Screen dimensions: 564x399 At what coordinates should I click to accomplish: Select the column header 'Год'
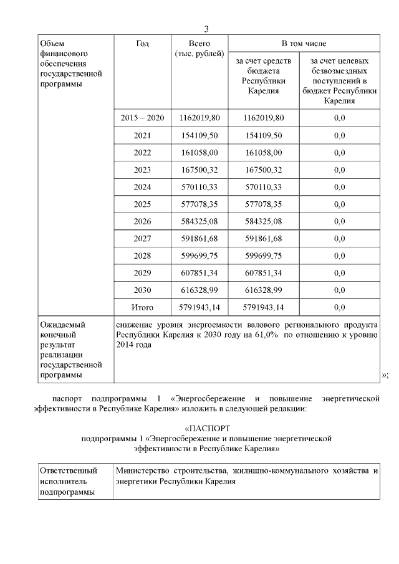(142, 44)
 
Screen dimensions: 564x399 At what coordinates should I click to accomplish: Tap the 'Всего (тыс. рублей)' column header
(199, 49)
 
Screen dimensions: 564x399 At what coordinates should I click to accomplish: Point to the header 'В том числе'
(304, 44)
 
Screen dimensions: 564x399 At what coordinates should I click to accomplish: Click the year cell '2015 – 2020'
(142, 118)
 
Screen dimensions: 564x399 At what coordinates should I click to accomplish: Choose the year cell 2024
(142, 187)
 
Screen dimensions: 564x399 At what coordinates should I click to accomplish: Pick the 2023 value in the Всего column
(199, 170)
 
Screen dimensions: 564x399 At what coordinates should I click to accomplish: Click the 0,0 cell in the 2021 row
(339, 135)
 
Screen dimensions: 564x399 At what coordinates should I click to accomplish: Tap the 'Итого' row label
(142, 307)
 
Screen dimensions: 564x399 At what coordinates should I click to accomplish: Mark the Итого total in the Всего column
(199, 307)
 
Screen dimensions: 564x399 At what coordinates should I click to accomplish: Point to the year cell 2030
(142, 290)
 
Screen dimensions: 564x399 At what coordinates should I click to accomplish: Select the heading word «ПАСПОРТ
(208, 429)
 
